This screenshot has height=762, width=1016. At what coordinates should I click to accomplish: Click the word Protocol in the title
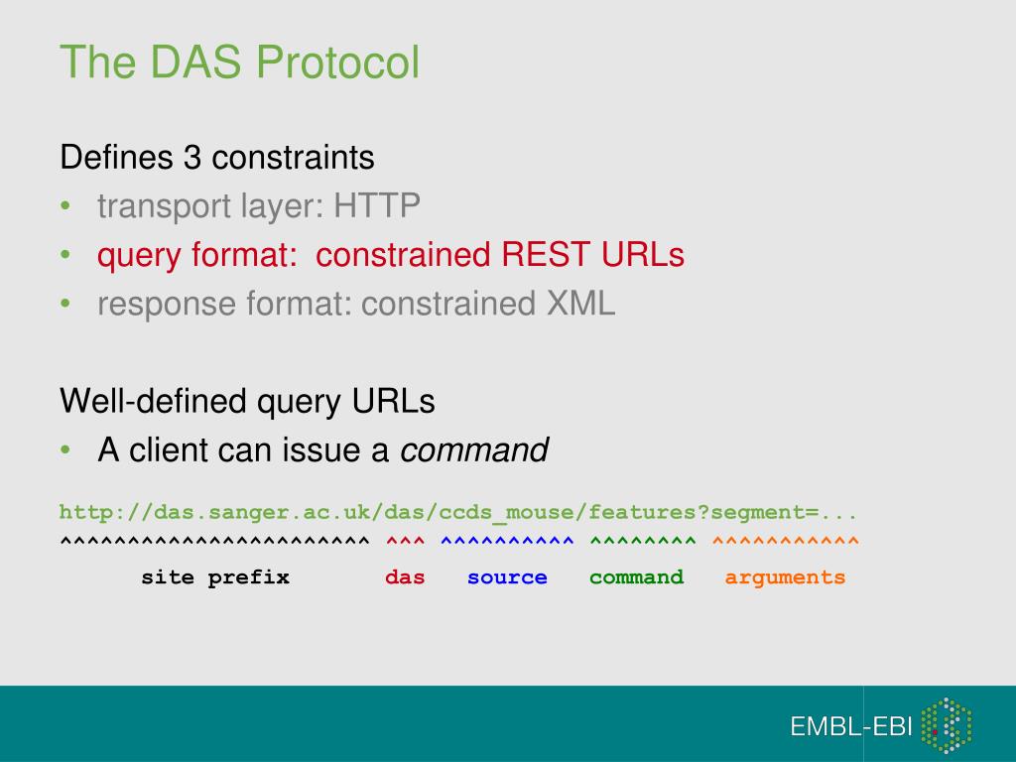click(x=338, y=63)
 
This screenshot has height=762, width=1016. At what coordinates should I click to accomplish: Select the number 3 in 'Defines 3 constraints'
click(x=191, y=157)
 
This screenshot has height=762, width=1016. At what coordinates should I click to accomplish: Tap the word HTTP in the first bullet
click(x=377, y=206)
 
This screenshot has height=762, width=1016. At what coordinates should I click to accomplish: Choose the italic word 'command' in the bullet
click(x=474, y=450)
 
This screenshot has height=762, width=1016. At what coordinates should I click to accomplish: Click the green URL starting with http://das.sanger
click(x=457, y=513)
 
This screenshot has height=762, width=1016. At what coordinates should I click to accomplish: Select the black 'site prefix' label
click(x=215, y=577)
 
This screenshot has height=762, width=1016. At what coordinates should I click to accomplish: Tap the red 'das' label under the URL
click(x=405, y=577)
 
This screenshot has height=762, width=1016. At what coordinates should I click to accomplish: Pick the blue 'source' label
click(x=507, y=577)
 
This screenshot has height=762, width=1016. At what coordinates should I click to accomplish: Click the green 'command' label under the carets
click(x=636, y=577)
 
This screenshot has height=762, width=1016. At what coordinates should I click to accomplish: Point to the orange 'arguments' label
click(x=785, y=577)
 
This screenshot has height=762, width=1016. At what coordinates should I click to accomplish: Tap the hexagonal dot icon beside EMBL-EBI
click(x=946, y=725)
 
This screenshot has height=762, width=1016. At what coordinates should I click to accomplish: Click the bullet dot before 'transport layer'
click(x=65, y=207)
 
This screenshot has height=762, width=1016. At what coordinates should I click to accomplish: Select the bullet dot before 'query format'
click(x=65, y=256)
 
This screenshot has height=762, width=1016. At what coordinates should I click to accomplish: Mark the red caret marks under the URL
click(x=405, y=542)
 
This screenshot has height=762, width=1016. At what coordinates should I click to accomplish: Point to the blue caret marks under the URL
click(x=507, y=542)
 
